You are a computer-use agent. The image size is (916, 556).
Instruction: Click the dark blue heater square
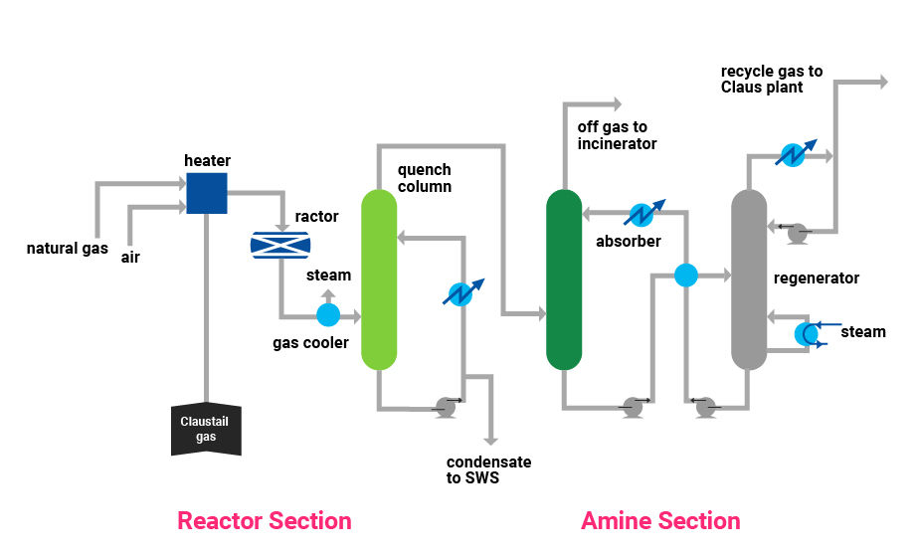(206, 193)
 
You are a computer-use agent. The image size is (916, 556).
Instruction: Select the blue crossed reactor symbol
(280, 245)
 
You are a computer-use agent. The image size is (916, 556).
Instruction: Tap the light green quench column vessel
(379, 279)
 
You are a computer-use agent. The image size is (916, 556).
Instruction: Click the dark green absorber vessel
(564, 279)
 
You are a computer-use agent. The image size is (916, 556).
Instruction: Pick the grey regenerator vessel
(749, 279)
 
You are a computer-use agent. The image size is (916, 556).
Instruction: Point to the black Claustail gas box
(206, 430)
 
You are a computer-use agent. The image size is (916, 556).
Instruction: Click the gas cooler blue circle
(328, 315)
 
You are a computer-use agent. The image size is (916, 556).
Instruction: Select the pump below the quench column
(447, 407)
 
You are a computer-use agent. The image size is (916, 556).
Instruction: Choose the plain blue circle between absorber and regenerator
(686, 276)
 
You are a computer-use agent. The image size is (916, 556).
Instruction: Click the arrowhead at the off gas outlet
(617, 104)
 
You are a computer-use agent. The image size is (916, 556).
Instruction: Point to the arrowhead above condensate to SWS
(491, 440)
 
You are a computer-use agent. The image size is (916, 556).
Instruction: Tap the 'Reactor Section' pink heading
(264, 520)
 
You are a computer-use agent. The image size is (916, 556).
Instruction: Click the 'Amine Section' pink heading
(660, 520)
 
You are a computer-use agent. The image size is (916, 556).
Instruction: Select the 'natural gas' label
(68, 249)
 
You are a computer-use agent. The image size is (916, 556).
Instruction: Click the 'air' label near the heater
(130, 257)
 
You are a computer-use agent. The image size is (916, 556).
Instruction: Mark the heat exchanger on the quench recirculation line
(462, 292)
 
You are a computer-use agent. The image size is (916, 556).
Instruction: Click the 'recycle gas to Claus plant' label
(771, 79)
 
